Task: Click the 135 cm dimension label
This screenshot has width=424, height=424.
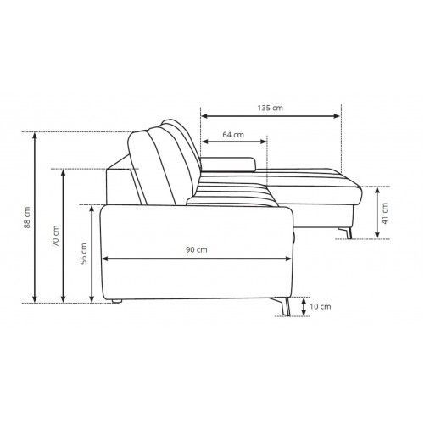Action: click(x=270, y=108)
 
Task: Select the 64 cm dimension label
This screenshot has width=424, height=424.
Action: click(x=233, y=135)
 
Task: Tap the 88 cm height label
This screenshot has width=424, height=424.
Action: click(x=27, y=218)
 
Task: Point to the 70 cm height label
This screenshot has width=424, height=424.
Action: click(x=56, y=236)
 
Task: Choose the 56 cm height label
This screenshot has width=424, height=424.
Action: click(x=84, y=254)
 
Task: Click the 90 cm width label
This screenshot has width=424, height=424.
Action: click(x=197, y=250)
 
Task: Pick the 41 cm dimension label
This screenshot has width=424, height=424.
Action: click(x=385, y=213)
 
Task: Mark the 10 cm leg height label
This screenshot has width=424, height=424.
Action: click(x=321, y=306)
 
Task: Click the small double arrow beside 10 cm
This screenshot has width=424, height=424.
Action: click(x=304, y=307)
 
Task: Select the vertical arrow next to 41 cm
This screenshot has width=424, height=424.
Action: click(x=377, y=213)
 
